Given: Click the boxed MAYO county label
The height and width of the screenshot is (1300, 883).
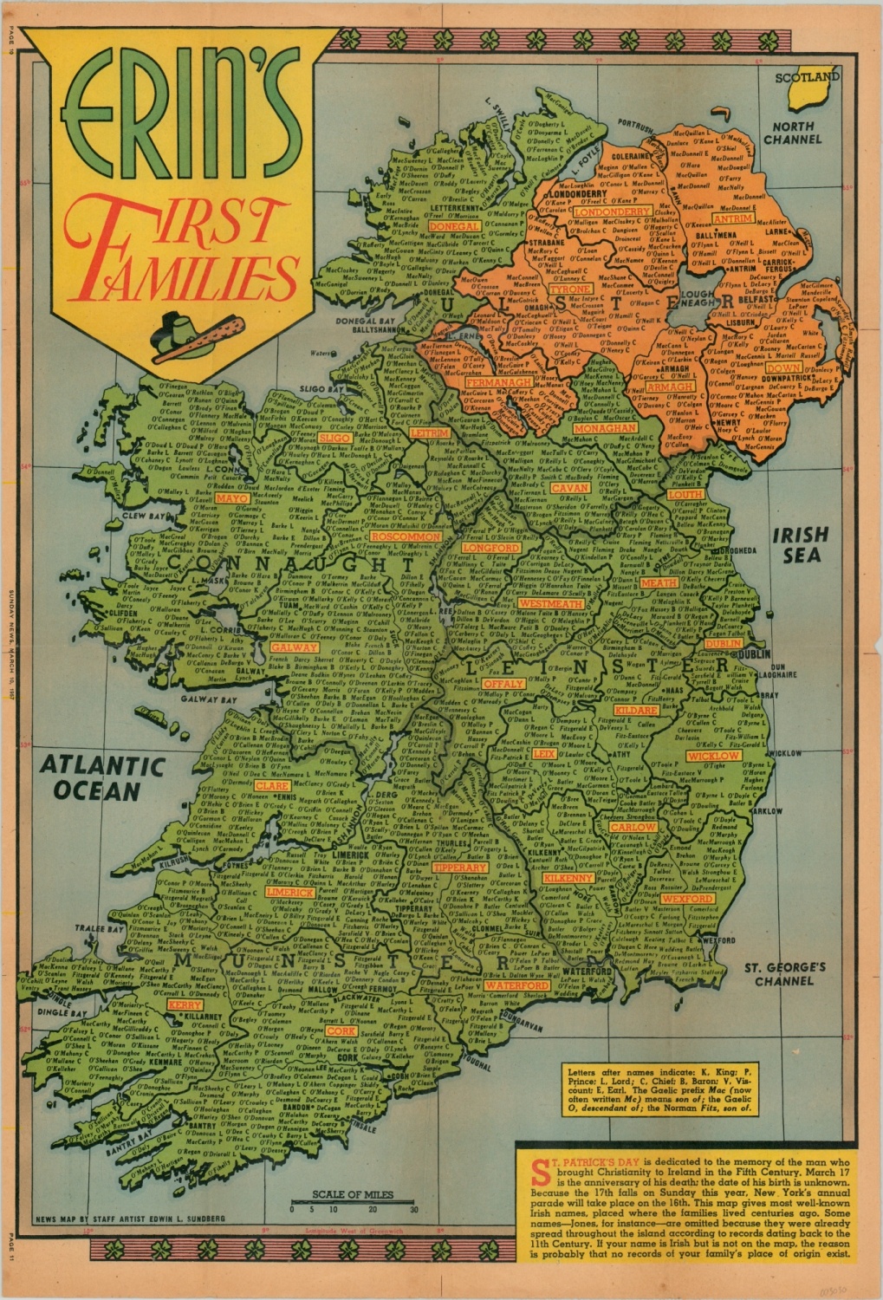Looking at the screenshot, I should pos(232,499).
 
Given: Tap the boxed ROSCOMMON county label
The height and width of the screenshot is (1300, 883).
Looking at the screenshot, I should pos(406,536).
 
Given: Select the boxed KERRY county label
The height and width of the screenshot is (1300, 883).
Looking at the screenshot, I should pos(185,1005).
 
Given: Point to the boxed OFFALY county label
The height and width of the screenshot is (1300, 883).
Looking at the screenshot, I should pos(503,684).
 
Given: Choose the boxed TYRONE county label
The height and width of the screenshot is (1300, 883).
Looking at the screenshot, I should pos(570,289).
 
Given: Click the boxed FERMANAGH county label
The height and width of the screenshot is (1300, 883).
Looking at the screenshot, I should pos(498,382).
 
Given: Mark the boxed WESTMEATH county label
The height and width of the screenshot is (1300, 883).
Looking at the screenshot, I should pos(552,603).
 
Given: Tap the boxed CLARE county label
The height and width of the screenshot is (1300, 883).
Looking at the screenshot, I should pos(271,786).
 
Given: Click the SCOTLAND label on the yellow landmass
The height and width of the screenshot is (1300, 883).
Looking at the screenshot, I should pos(807,78).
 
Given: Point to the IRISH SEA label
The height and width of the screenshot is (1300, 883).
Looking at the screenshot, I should pos(800,545).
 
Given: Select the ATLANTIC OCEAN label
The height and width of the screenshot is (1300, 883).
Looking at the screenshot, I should pos(101,778).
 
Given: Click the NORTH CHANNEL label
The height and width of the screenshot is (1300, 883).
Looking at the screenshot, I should pos(792,133).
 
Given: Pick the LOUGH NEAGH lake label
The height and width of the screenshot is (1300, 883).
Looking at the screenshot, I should pos(698,299).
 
